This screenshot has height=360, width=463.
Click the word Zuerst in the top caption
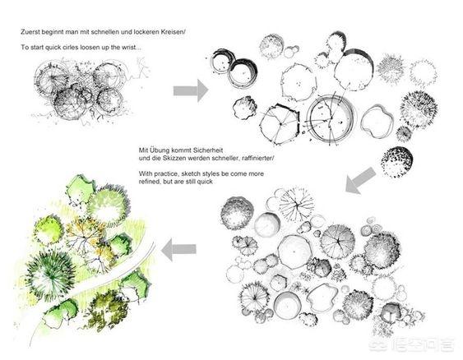click(x=29, y=32)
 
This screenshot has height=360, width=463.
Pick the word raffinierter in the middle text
click(x=257, y=158)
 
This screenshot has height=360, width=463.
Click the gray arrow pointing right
click(x=191, y=90)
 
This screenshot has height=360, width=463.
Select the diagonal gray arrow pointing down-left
click(x=360, y=181)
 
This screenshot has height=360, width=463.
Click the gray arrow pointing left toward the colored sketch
click(x=178, y=250)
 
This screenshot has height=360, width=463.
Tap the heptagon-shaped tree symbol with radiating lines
click(x=280, y=124)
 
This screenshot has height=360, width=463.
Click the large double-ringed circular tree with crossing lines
click(x=330, y=118)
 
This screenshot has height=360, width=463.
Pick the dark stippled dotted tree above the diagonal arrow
click(x=396, y=162)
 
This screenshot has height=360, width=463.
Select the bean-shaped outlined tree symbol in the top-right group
click(x=377, y=122)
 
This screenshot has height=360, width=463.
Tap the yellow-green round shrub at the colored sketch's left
click(x=49, y=230)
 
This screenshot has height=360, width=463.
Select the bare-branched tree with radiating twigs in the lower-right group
click(x=296, y=204)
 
